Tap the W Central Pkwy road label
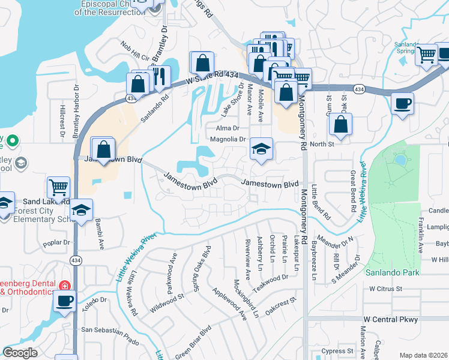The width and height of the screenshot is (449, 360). tap(391, 319)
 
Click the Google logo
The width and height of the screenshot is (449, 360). tap(20, 353)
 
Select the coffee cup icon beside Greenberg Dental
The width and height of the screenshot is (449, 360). tap(64, 300)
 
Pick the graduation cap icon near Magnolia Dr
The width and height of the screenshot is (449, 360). tap(261, 149)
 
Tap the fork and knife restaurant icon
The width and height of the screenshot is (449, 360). tap(159, 77)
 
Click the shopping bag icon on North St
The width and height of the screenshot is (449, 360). tap(340, 125)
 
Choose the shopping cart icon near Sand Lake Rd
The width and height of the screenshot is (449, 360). tap(59, 187)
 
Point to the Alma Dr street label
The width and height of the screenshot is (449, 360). tap(228, 128)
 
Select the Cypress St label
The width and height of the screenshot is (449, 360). tap(337, 351)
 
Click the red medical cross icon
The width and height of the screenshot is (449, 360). tap(64, 286)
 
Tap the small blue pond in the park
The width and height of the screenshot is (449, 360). tap(400, 160)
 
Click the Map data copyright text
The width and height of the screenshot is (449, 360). tap(423, 355)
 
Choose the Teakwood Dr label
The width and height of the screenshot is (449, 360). tap(270, 281)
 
